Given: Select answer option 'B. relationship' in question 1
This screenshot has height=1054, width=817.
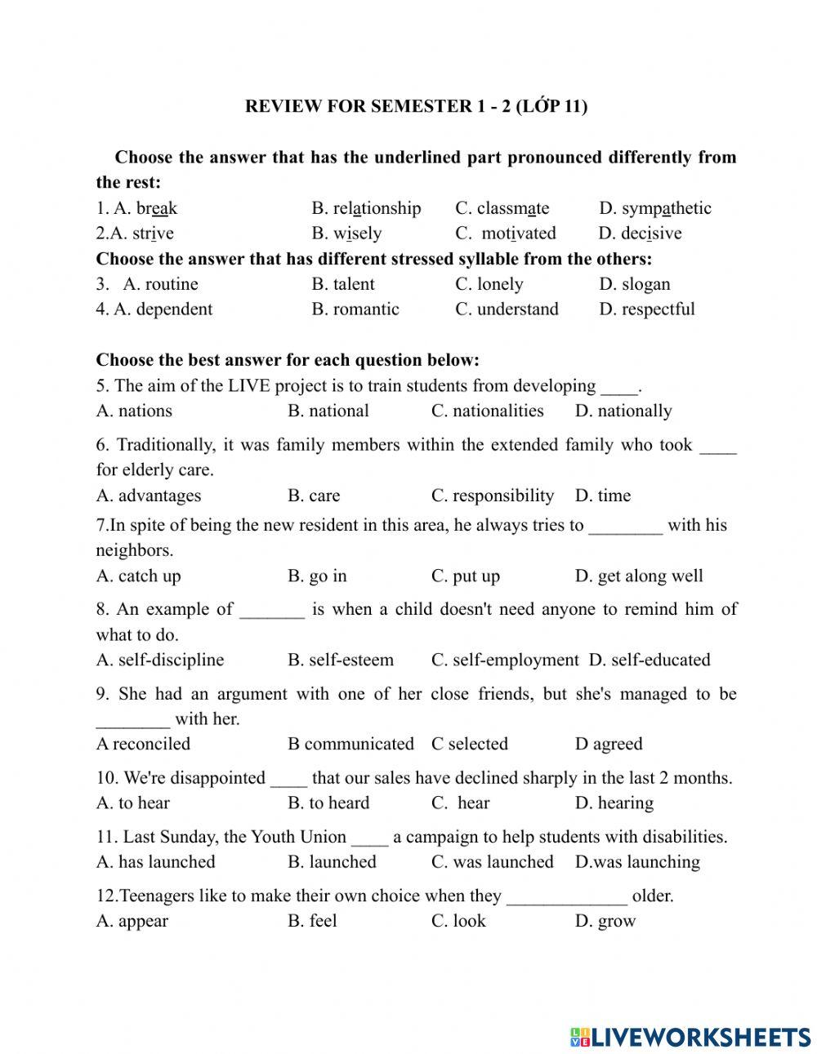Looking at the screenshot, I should pyautogui.click(x=366, y=208).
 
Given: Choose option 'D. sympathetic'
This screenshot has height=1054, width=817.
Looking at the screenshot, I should pyautogui.click(x=654, y=208).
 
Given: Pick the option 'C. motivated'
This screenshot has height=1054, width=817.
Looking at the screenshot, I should pyautogui.click(x=506, y=233).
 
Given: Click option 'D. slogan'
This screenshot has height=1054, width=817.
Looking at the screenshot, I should pyautogui.click(x=634, y=284).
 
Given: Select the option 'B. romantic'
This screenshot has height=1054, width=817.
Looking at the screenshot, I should pyautogui.click(x=355, y=309).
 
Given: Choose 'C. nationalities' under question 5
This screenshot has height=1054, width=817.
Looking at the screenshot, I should pyautogui.click(x=487, y=411).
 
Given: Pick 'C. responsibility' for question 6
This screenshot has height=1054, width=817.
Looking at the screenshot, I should pyautogui.click(x=492, y=496).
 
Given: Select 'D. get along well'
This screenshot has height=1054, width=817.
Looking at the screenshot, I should pyautogui.click(x=638, y=576).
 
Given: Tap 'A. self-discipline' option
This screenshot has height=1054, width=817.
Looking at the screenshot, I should pyautogui.click(x=159, y=660).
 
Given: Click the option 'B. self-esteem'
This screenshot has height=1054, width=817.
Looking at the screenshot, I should pyautogui.click(x=340, y=660).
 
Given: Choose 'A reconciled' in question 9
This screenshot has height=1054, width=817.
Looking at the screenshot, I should pyautogui.click(x=143, y=744).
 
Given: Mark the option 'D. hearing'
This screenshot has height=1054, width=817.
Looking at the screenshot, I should pyautogui.click(x=614, y=803).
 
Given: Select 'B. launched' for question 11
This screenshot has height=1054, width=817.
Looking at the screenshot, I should pyautogui.click(x=332, y=862).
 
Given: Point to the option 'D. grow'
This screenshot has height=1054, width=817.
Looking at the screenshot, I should pyautogui.click(x=605, y=921).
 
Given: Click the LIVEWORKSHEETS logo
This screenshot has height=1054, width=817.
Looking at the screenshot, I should pyautogui.click(x=690, y=1037).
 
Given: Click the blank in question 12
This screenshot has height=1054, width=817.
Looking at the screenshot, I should pyautogui.click(x=566, y=897).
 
